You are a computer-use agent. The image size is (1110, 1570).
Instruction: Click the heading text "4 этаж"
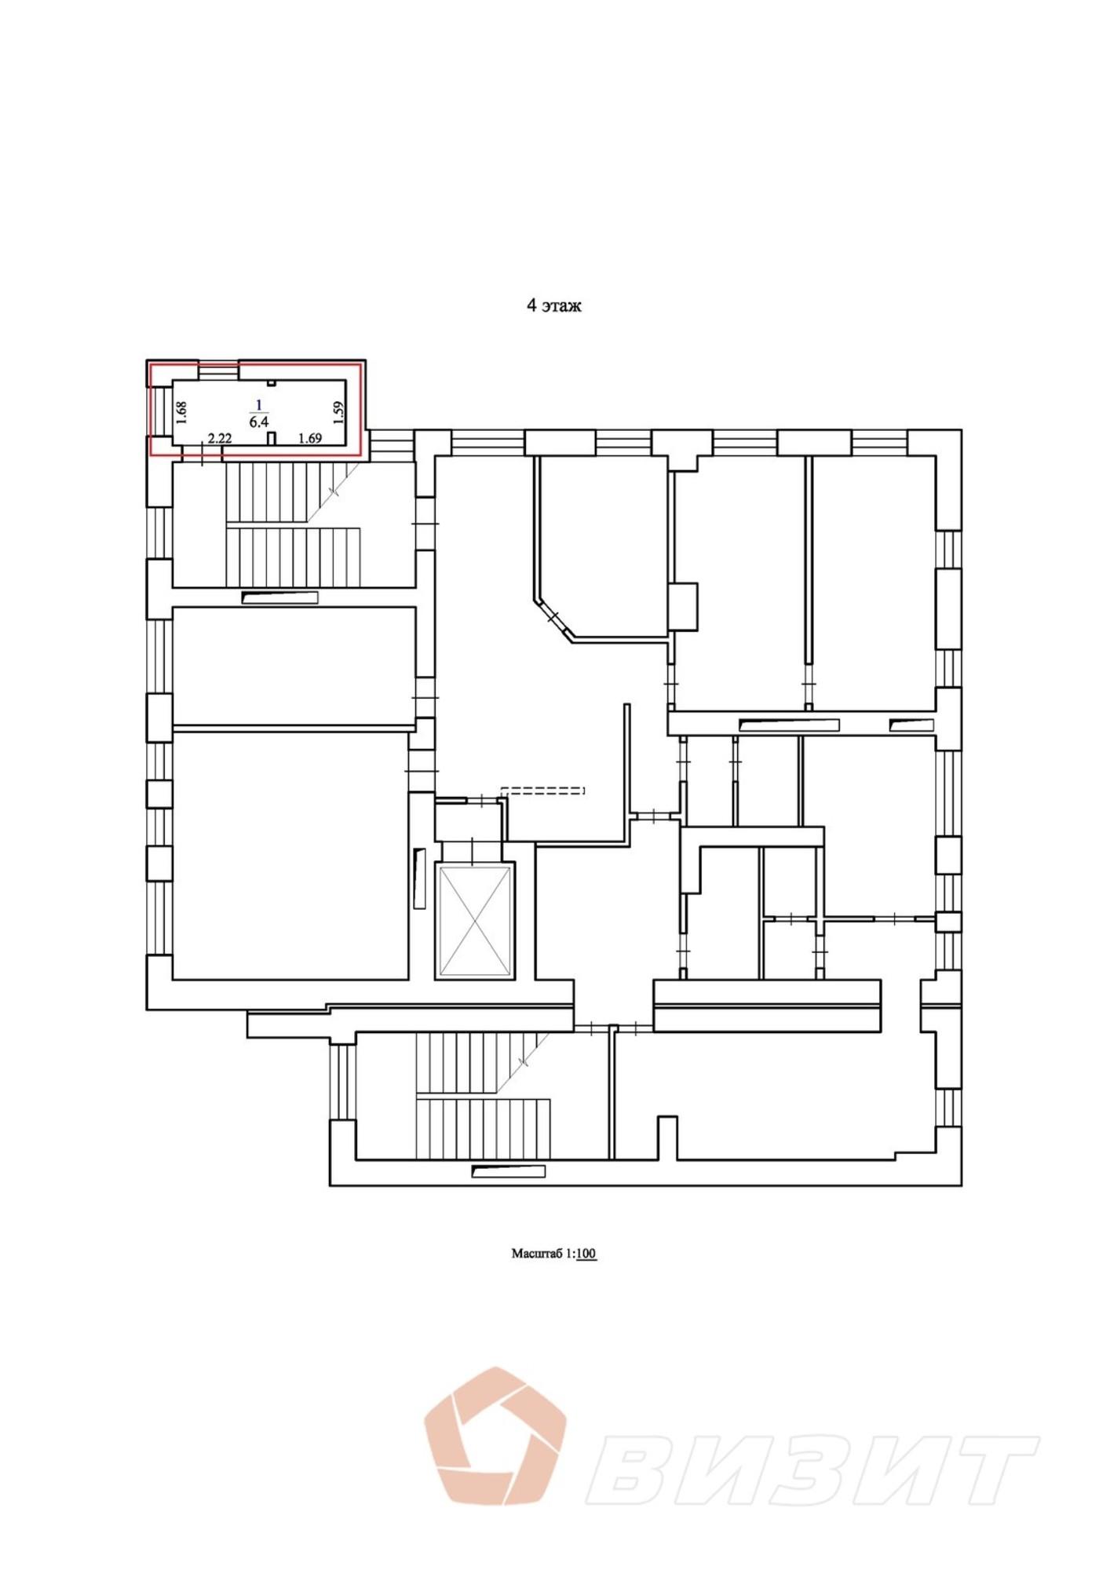click(553, 306)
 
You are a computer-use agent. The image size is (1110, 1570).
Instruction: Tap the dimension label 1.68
click(181, 413)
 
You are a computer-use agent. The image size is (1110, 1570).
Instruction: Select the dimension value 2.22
click(220, 439)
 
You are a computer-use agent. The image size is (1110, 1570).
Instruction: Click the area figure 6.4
click(259, 422)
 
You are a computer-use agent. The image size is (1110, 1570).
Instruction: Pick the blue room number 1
click(259, 405)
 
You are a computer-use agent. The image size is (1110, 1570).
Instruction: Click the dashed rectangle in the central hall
click(543, 790)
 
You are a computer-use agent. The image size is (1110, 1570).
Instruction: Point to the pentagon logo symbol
click(495, 1436)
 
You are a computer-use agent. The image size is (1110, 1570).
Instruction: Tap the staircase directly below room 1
click(293, 524)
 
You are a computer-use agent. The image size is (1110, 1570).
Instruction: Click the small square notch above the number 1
click(271, 383)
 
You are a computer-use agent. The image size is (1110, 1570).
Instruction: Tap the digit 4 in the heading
click(531, 306)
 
